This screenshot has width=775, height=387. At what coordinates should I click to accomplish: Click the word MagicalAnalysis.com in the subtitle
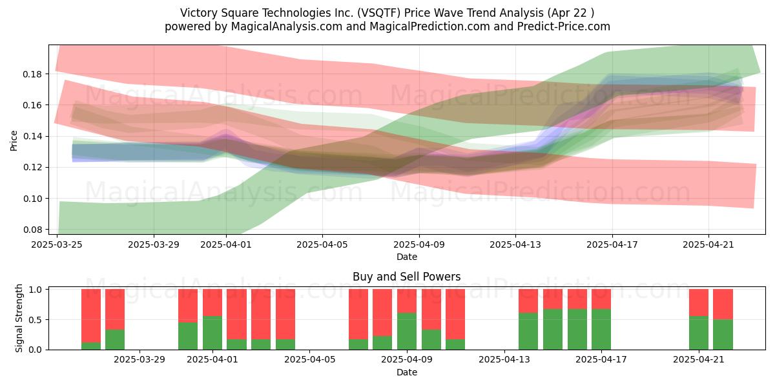pos(287,26)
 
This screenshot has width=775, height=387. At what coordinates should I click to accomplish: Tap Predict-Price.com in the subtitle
pos(564,26)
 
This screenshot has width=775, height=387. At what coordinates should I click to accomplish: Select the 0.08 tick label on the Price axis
pos(32,230)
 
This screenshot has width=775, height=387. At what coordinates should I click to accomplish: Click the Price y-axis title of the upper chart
pos(14,141)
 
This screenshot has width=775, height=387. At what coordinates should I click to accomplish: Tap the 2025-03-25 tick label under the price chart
pos(57,244)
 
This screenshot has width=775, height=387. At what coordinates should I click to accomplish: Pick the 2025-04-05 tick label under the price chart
pos(322,244)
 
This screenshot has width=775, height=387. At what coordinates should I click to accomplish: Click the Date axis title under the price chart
pos(406,257)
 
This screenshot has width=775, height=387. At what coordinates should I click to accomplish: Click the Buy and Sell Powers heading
pos(406,277)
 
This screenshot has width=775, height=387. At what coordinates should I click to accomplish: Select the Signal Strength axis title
pos(19,318)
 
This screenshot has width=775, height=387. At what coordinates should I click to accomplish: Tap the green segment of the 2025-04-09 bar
pos(407,332)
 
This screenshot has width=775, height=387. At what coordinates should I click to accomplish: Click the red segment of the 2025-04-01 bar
pos(212,303)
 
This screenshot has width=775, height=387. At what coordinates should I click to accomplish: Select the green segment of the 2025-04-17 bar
pos(601,330)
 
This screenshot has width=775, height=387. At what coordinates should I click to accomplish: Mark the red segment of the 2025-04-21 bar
pos(699,303)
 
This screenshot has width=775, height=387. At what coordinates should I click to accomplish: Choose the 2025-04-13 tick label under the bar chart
pos(504,360)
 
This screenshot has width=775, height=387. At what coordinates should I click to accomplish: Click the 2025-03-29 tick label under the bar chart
pos(139,360)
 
